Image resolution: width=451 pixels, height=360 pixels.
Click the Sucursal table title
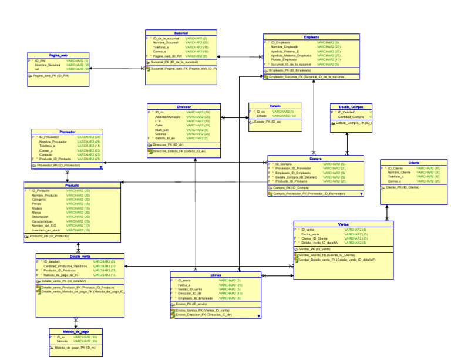[x=181, y=33]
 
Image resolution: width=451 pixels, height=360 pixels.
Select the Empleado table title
[x=311, y=37]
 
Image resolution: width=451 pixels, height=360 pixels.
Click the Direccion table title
[x=183, y=107]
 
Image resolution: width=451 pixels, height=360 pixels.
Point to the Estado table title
[x=275, y=106]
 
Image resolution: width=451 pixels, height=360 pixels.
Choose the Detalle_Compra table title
[x=351, y=107]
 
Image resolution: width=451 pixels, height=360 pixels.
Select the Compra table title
[x=315, y=159]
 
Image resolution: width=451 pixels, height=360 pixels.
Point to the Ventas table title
[x=344, y=224]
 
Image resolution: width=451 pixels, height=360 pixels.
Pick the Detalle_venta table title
[x=80, y=257]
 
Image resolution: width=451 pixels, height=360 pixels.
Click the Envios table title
[x=216, y=275]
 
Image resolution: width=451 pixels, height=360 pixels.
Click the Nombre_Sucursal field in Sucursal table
[x=166, y=43]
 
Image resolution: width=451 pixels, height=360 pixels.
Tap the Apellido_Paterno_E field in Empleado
[x=285, y=51]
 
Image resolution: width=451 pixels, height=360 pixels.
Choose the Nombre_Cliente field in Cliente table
[x=399, y=172]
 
